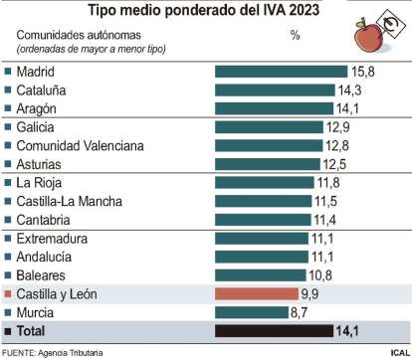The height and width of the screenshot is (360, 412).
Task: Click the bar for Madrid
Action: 282,72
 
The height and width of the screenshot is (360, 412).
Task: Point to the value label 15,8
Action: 362,72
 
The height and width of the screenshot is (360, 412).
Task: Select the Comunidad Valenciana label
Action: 80,145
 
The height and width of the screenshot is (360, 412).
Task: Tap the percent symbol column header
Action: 295,36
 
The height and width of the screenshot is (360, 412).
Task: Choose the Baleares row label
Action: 48,274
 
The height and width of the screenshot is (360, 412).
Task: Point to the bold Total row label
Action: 35,330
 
